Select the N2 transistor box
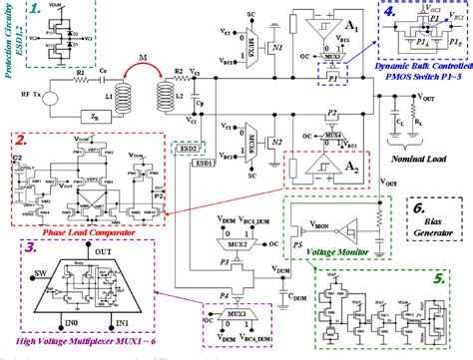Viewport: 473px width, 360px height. (x=276, y=130)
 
